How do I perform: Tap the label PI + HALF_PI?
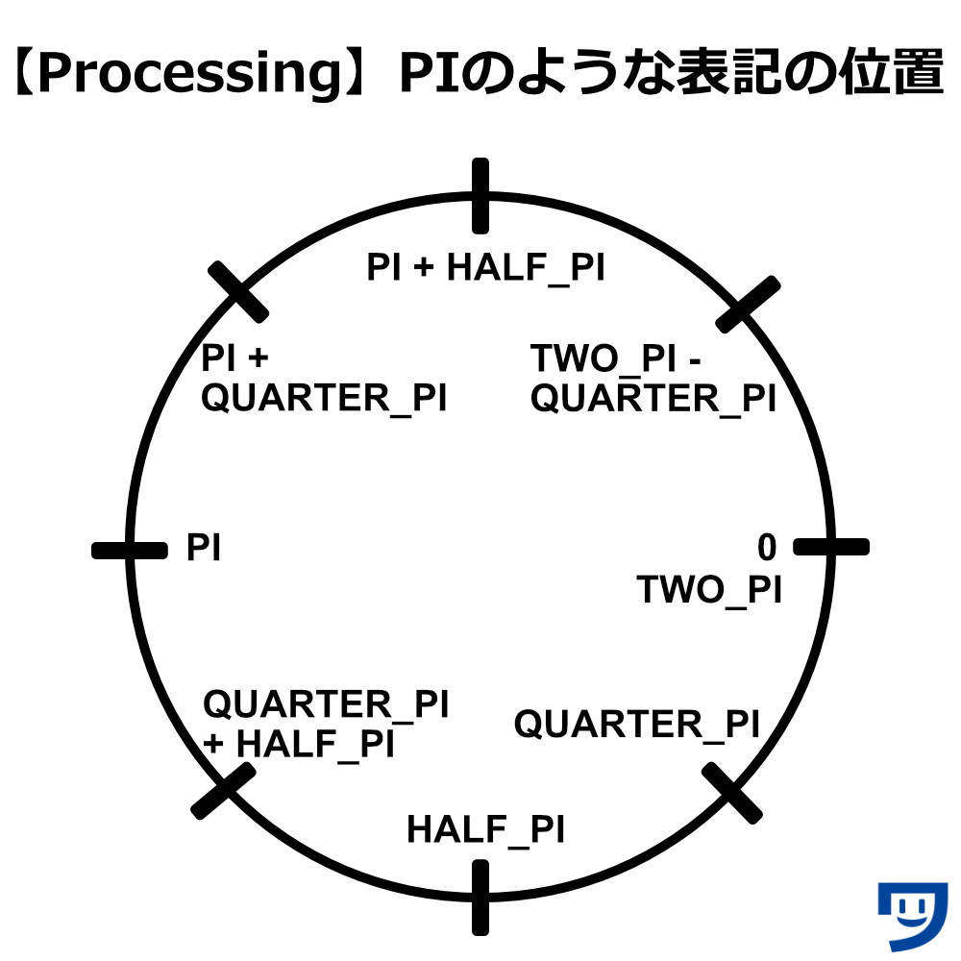(485, 268)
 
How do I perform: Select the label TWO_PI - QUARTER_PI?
(653, 378)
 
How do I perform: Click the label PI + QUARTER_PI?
(324, 378)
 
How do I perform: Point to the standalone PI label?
(203, 548)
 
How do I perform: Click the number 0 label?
(767, 547)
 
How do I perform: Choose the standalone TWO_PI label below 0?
(709, 590)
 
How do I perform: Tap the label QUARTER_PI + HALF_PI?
(326, 724)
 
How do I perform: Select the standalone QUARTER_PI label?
(637, 725)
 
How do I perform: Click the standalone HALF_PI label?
(485, 830)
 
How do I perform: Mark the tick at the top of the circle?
(480, 195)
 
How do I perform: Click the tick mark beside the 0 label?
(831, 547)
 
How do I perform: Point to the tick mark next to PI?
(130, 551)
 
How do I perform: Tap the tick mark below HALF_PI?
(480, 898)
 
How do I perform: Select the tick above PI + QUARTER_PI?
(237, 292)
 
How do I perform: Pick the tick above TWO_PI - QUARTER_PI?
(748, 305)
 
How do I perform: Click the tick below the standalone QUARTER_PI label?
(731, 793)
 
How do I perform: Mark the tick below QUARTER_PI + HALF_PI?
(223, 791)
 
